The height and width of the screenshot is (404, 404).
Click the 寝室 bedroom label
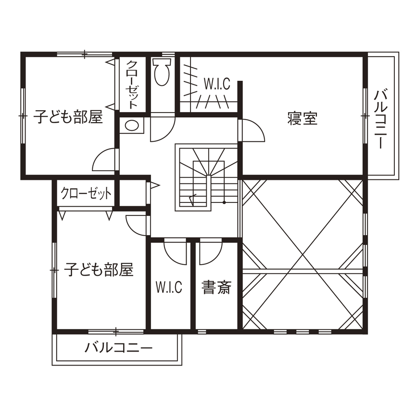pos(303,118)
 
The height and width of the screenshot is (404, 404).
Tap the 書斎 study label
pos(216,288)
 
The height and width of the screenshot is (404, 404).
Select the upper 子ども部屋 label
pos(68,117)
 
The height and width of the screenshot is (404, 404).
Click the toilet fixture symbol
pos(162,72)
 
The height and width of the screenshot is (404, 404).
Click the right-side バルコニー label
pos(380,118)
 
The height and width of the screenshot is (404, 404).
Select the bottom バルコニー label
pos(118,348)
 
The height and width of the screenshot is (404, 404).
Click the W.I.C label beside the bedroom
pos(216,84)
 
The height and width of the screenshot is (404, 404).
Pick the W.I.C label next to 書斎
pos(169,288)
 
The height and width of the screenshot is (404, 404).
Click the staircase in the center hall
pos(207,177)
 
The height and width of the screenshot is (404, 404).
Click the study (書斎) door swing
pos(210,252)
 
